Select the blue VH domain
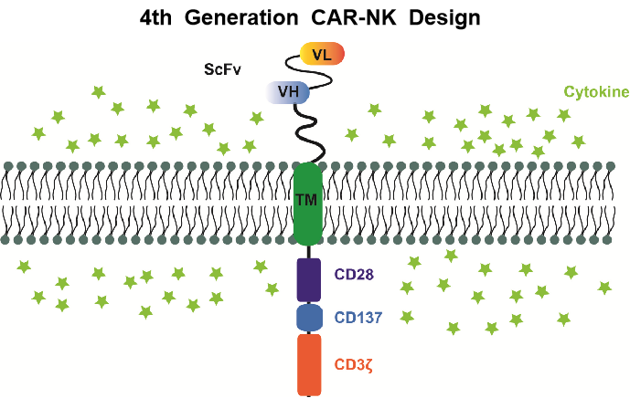pos(289,90)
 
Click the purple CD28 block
pos(309,279)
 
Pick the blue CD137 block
pos(309,318)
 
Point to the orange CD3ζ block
pos(310,363)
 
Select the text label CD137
pos(358,318)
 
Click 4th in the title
pos(163,17)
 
